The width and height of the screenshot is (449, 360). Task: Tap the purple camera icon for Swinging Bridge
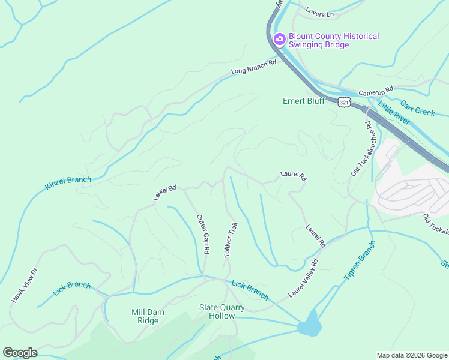coord(279,40)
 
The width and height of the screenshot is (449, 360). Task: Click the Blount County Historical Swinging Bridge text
coord(334,40)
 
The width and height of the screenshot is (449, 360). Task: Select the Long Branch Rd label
coord(253,67)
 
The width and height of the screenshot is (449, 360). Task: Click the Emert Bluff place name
coord(304,101)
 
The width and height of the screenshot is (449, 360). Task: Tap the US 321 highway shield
coord(343,103)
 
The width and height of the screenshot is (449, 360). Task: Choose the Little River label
coord(394,113)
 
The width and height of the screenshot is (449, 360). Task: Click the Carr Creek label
coord(417,108)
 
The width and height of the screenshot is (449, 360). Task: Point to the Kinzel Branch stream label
coord(68,183)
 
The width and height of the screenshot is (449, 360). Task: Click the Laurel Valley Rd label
coord(303,278)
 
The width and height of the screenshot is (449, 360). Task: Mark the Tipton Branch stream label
coord(359,260)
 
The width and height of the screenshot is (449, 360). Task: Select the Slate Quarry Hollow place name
coord(222,311)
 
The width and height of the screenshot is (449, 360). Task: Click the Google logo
coord(20,353)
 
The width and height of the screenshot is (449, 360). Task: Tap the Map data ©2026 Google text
coord(411,355)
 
